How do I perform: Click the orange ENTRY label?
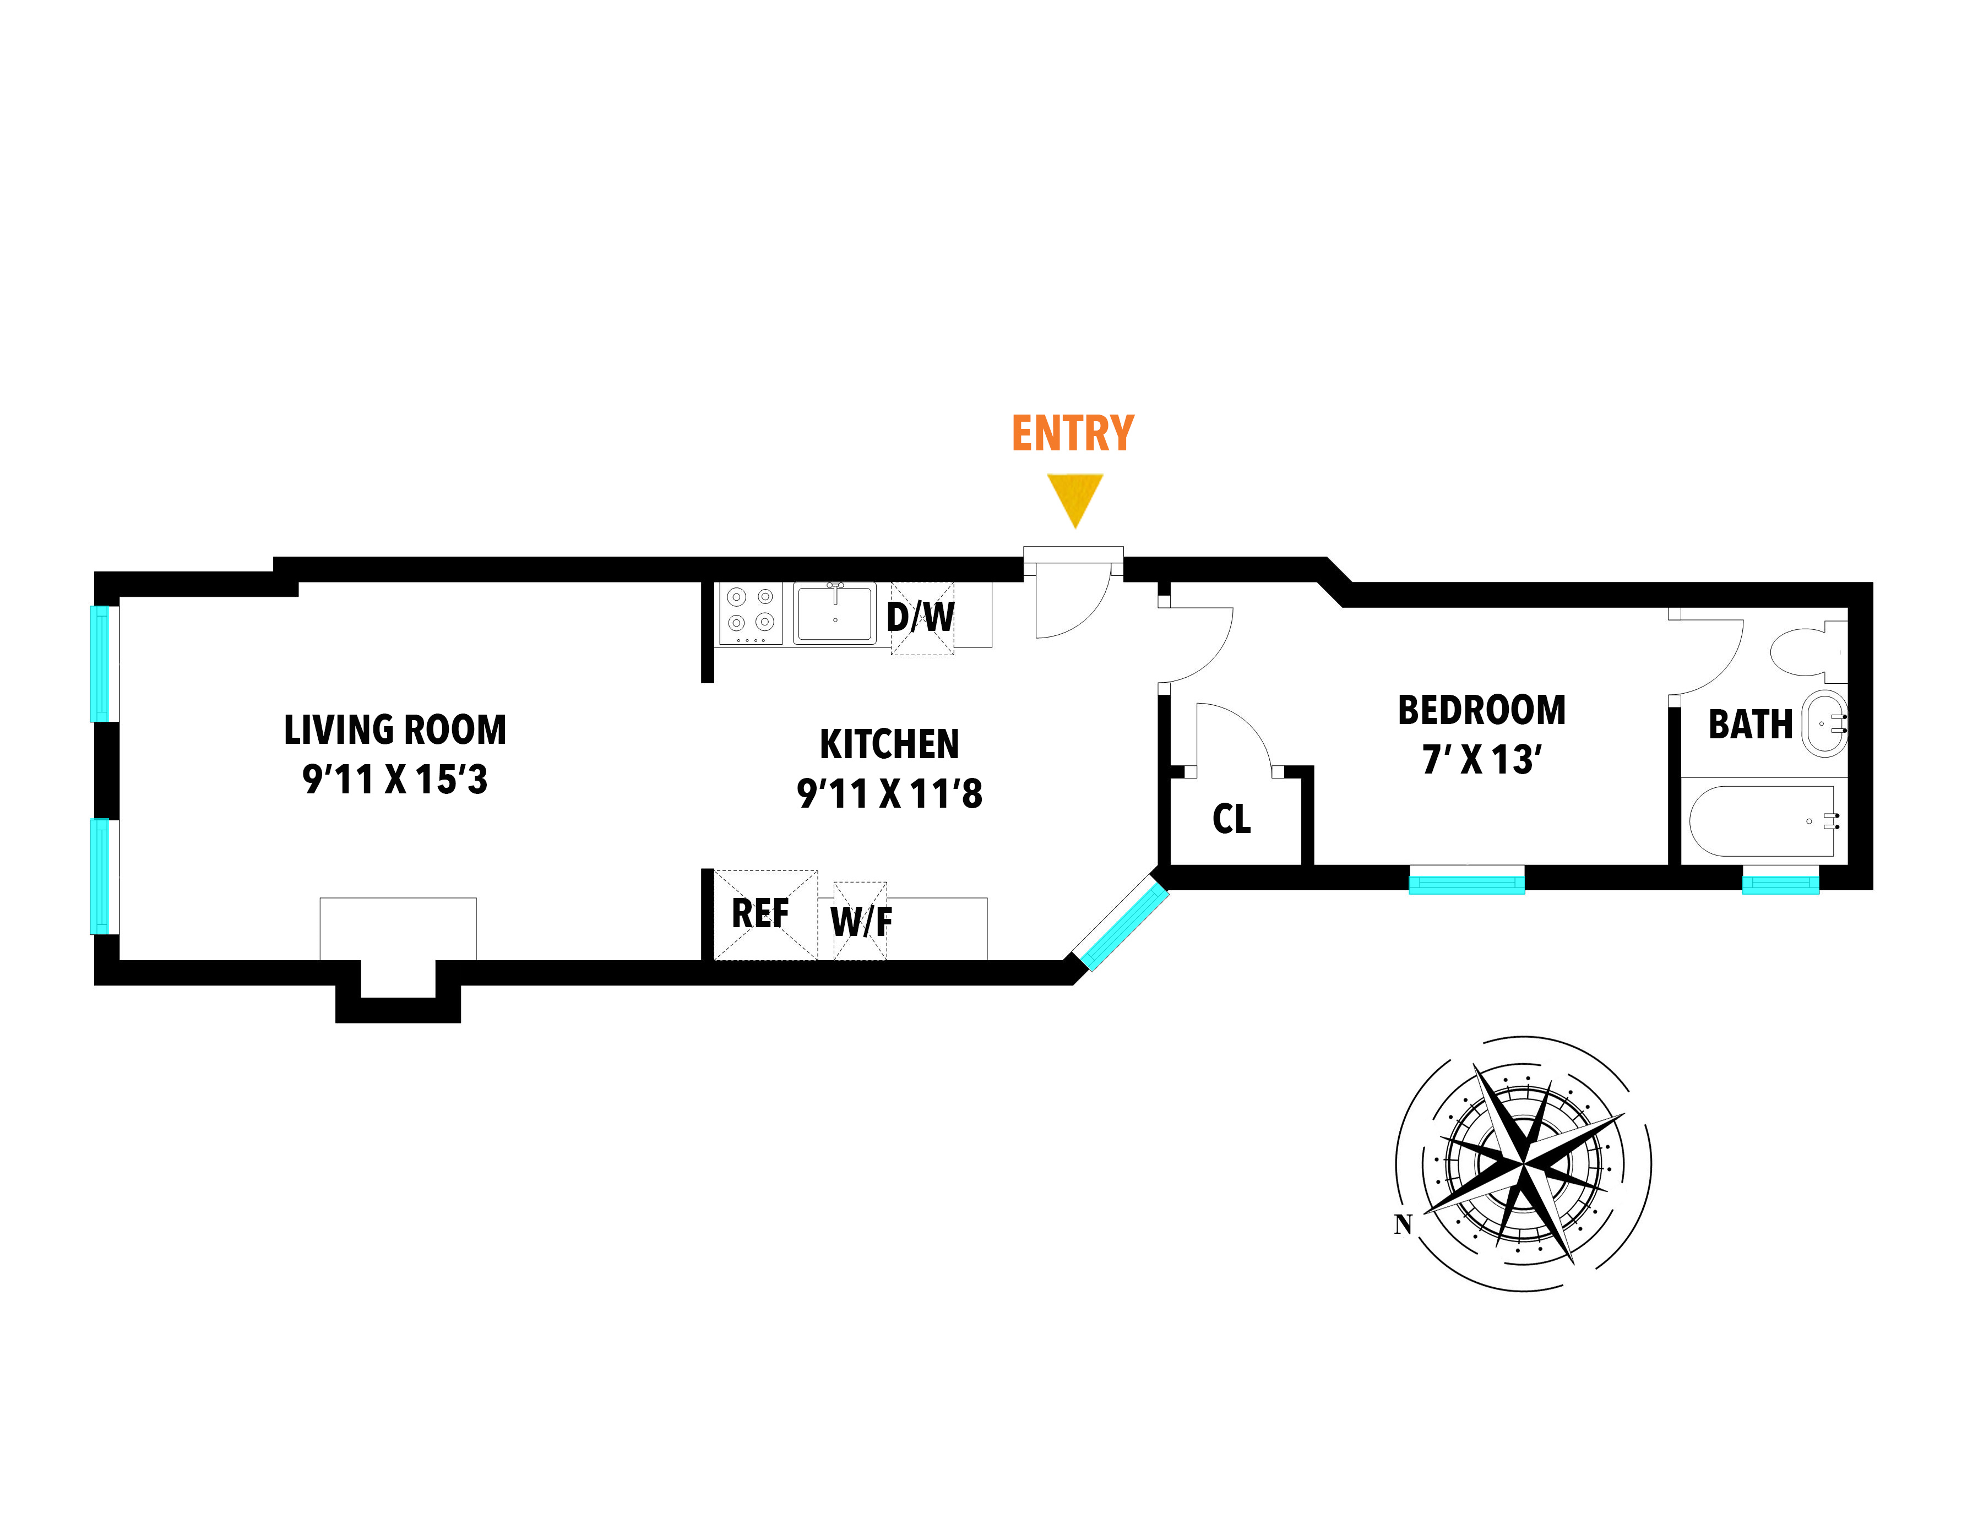click(x=1073, y=433)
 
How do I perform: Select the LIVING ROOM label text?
click(x=395, y=729)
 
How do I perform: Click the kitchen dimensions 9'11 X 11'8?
click(x=890, y=794)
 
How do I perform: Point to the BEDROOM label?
click(x=1481, y=710)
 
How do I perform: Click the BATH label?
click(x=1750, y=725)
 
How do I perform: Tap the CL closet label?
click(x=1231, y=819)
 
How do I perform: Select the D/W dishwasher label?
click(x=921, y=618)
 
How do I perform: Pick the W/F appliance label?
click(x=862, y=921)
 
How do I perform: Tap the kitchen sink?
click(x=834, y=613)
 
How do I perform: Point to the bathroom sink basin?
click(x=1824, y=724)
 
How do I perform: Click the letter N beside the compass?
click(x=1403, y=1224)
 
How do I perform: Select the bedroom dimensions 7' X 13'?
click(x=1481, y=760)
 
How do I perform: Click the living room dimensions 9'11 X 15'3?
click(x=395, y=780)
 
